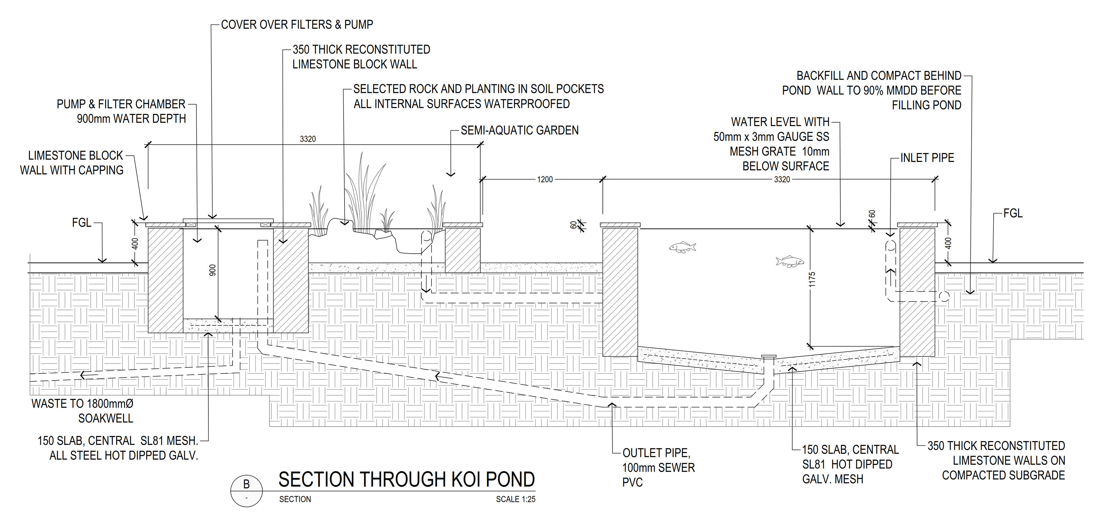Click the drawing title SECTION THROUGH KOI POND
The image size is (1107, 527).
point(406,480)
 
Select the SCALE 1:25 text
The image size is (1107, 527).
point(515,500)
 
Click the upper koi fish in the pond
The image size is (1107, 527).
point(682,247)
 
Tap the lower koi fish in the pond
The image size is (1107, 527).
point(789,261)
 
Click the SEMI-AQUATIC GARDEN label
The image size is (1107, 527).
point(519,131)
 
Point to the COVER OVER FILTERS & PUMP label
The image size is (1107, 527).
point(297,25)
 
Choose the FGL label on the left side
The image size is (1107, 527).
point(82,223)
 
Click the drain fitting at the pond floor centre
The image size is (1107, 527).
point(769,357)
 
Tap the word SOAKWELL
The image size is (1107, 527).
point(106,419)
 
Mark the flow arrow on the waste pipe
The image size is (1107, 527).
point(88,375)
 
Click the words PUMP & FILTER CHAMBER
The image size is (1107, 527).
point(121,104)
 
